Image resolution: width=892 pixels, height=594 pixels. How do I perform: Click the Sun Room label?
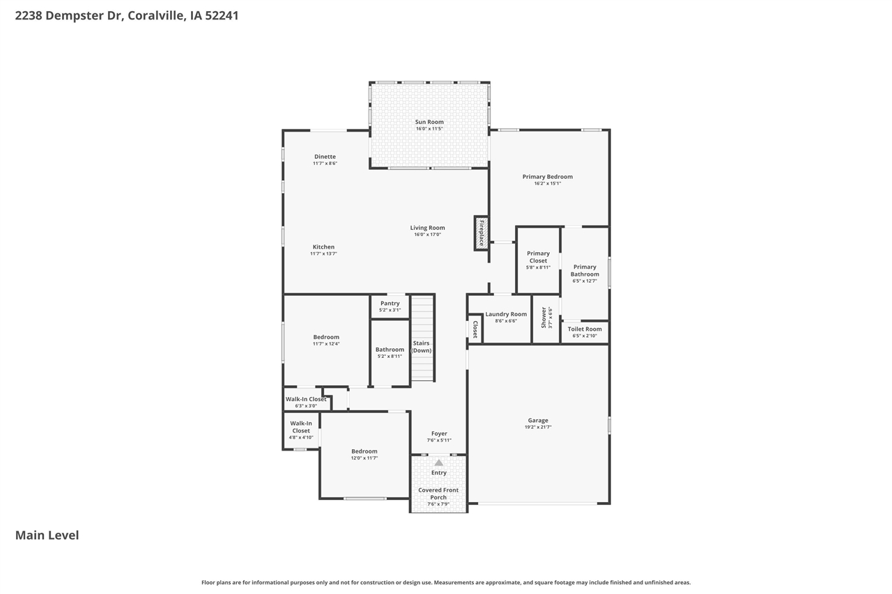click(429, 122)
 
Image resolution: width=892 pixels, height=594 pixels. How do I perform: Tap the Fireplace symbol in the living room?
click(481, 233)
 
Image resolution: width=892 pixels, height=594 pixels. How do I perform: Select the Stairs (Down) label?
click(422, 346)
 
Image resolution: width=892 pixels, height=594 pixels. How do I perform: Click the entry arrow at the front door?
click(438, 462)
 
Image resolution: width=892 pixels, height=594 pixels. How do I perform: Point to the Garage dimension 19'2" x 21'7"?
click(538, 427)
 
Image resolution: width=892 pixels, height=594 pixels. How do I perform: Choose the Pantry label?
click(390, 303)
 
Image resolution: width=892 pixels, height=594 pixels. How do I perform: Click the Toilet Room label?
click(585, 329)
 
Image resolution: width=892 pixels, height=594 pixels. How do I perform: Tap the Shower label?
click(544, 318)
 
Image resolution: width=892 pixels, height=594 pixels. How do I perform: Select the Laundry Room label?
click(506, 314)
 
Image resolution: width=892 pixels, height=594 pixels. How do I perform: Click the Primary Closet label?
click(538, 257)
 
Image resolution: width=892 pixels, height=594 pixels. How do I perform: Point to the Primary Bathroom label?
click(585, 270)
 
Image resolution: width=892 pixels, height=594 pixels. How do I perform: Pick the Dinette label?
click(325, 157)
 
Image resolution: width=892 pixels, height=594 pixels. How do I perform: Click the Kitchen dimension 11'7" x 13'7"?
click(323, 253)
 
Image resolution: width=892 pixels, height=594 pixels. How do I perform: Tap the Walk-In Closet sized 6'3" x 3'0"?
click(306, 399)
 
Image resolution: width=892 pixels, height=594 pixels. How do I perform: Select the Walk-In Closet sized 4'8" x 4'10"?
click(301, 427)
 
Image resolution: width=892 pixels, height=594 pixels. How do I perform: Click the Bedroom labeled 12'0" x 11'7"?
click(364, 451)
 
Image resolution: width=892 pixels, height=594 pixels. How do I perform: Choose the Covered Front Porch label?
click(438, 494)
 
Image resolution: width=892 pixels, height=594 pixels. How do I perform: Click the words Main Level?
click(47, 535)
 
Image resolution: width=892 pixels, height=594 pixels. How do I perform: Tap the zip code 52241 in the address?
click(222, 15)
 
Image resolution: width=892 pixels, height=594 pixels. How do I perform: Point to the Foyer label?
click(439, 433)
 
